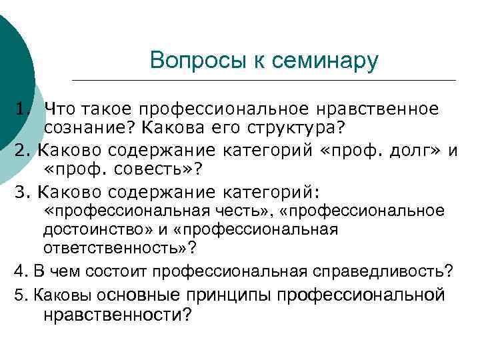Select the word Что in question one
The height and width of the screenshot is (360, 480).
tap(60, 108)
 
